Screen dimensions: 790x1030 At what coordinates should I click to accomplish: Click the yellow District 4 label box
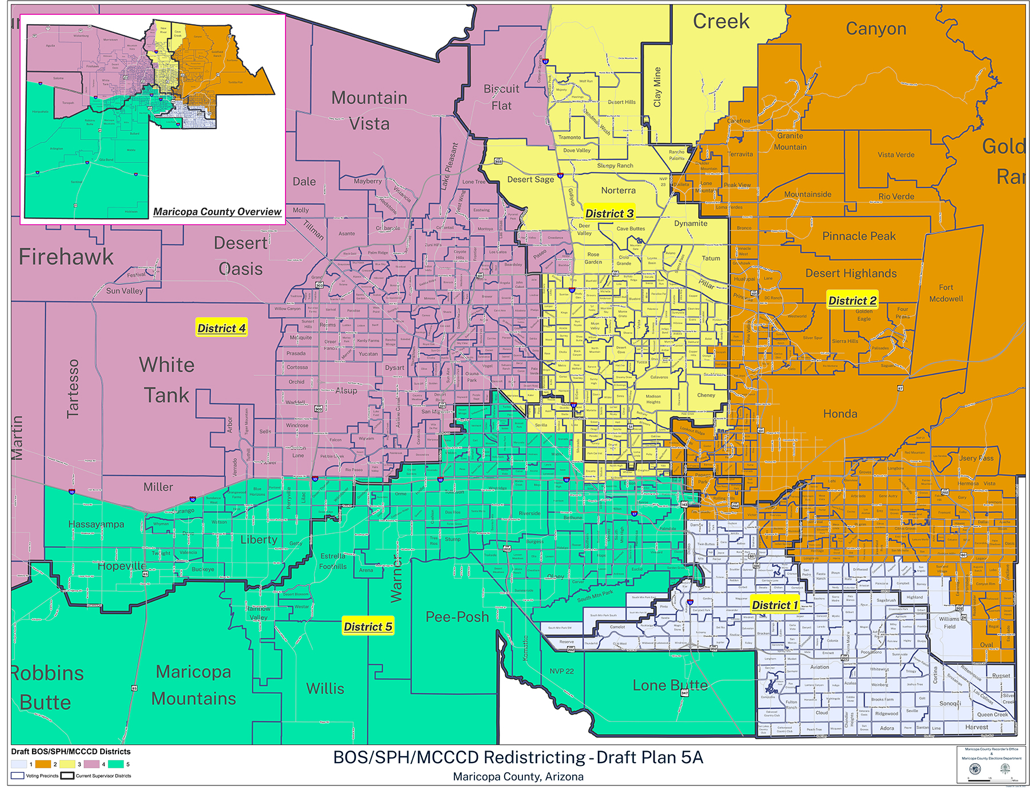[221, 328]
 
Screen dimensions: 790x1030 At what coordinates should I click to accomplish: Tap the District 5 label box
[367, 626]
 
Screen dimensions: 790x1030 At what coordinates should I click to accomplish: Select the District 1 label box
[774, 605]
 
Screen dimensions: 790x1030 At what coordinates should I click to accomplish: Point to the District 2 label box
[852, 300]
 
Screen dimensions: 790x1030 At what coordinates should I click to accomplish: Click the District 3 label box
[609, 213]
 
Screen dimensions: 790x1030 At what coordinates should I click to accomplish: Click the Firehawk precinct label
[66, 257]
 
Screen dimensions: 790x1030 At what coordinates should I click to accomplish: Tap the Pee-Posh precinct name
[457, 617]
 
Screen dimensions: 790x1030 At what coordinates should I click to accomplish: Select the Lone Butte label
[670, 685]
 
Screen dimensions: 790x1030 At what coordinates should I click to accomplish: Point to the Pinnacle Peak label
[859, 236]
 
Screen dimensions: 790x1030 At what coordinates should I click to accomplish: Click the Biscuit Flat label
[501, 97]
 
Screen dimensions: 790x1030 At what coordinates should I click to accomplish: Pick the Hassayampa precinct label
[96, 524]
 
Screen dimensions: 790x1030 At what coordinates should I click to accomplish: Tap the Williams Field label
[949, 622]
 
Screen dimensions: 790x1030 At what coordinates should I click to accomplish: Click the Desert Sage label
[530, 179]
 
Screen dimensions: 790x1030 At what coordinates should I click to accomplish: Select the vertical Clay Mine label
[657, 87]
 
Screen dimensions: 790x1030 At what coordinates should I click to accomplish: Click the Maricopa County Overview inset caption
[217, 212]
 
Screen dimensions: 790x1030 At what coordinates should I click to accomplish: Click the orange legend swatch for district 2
[43, 764]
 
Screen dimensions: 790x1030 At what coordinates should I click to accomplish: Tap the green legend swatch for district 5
[116, 764]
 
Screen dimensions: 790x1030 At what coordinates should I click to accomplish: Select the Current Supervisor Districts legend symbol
[68, 776]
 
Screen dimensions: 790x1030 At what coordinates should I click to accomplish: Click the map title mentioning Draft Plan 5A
[518, 757]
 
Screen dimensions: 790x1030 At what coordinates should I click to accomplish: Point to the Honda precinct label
[840, 414]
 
